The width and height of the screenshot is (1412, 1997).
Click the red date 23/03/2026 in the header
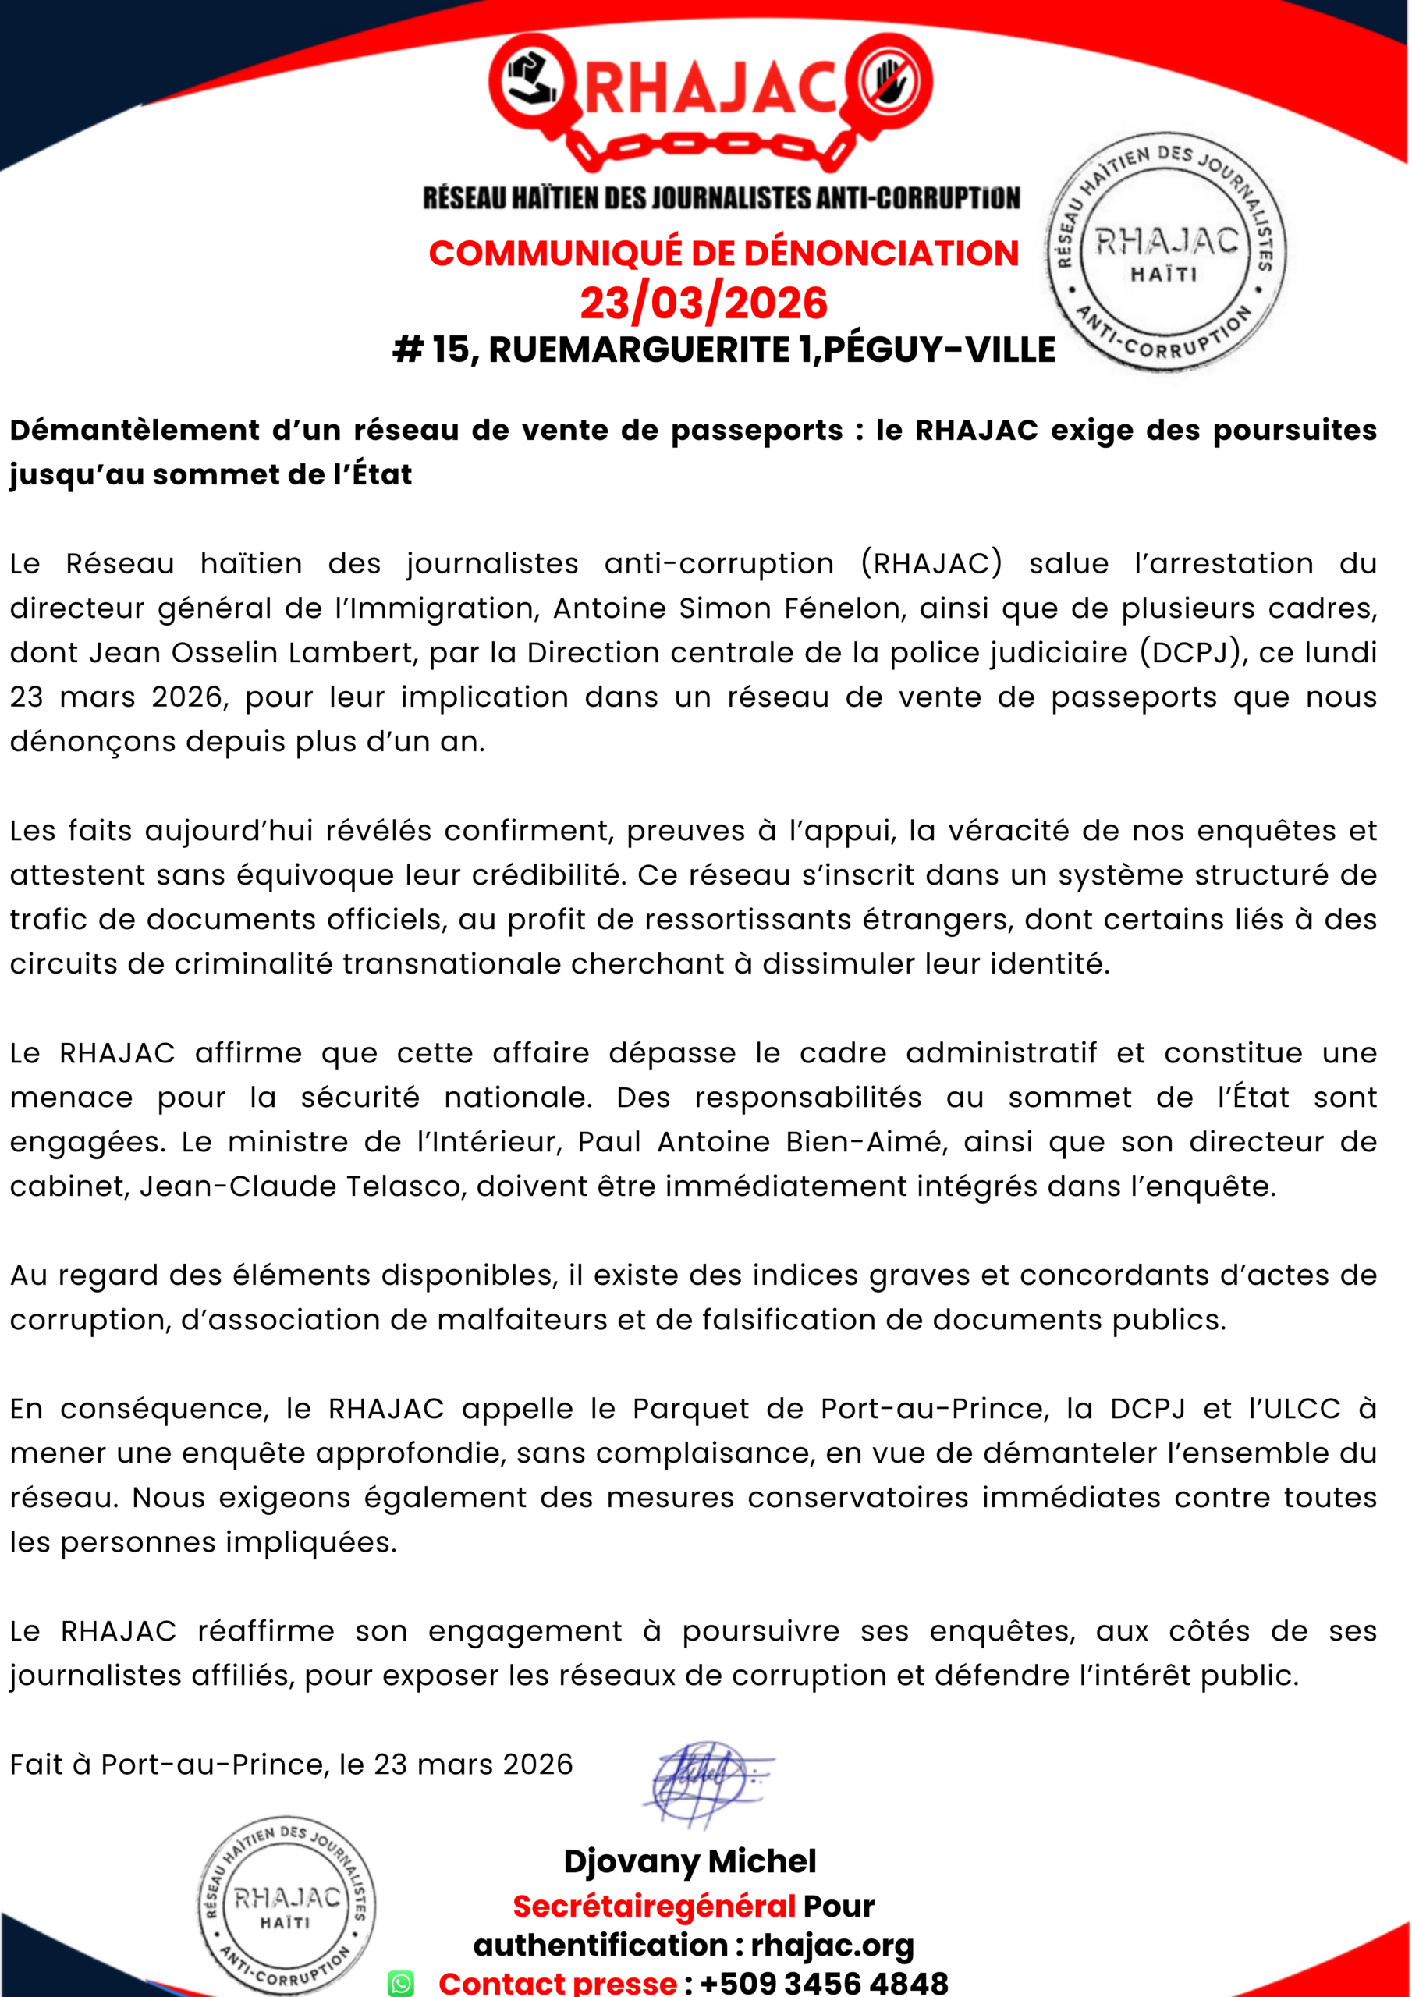[x=704, y=303]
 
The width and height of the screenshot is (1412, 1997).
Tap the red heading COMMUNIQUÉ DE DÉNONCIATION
[x=723, y=253]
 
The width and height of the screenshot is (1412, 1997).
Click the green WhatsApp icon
[x=400, y=1983]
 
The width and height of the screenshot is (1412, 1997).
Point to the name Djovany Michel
[x=690, y=1861]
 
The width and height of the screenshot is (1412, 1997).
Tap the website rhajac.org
[x=832, y=1945]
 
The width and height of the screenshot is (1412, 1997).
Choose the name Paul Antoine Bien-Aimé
[x=762, y=1141]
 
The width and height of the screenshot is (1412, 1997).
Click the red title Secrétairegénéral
[x=654, y=1906]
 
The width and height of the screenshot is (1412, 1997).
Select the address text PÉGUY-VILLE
[x=939, y=349]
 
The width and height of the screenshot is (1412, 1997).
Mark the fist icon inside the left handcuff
[x=530, y=81]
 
